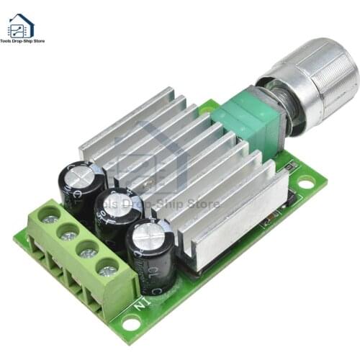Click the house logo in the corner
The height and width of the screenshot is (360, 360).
point(20,26)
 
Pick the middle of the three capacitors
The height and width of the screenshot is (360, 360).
point(117,215)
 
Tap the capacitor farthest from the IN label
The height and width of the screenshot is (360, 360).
point(81,186)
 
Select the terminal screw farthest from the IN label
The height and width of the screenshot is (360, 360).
point(50,215)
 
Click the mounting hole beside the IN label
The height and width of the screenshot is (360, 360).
point(130,323)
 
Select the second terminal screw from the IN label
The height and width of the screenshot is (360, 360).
point(89,252)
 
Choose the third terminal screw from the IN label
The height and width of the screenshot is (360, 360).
point(69,233)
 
